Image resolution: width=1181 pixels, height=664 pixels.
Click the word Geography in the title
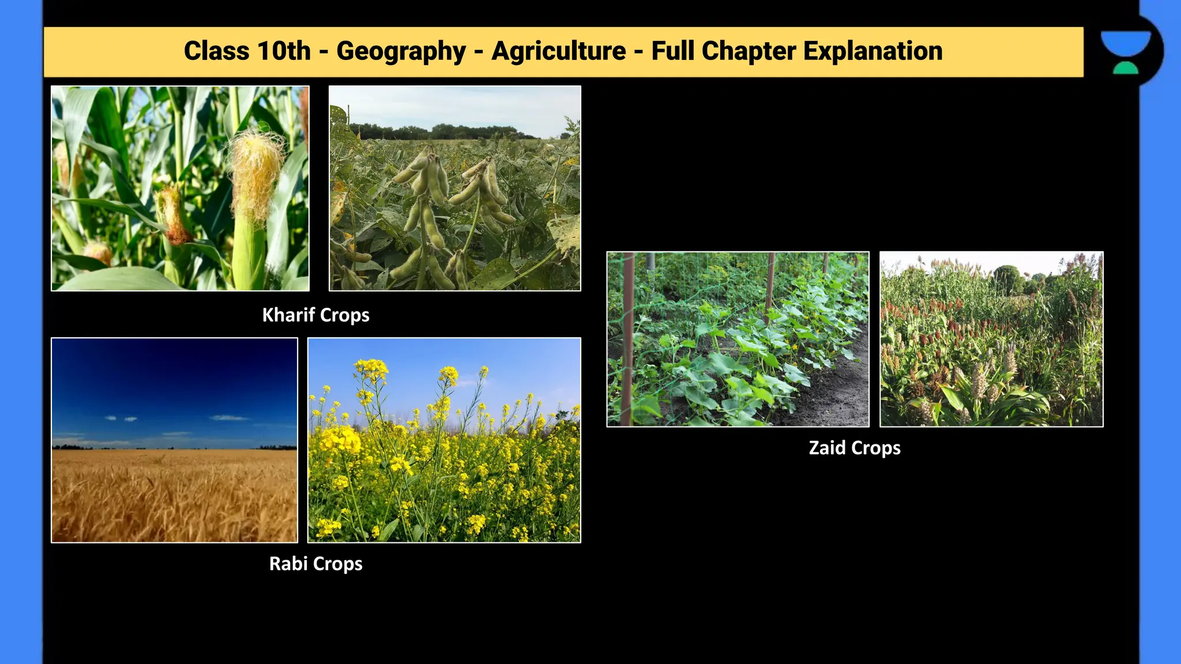(401, 51)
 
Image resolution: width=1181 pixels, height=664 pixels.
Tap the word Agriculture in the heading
(558, 51)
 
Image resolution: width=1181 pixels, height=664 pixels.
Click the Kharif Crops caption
(315, 315)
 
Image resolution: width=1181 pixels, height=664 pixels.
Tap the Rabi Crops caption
(315, 564)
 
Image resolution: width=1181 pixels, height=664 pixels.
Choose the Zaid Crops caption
(854, 448)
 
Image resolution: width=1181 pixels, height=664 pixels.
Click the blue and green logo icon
(1125, 52)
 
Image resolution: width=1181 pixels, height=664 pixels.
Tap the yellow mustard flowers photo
(444, 440)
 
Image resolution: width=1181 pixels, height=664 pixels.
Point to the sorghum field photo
(991, 339)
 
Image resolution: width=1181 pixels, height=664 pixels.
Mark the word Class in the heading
(216, 51)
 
